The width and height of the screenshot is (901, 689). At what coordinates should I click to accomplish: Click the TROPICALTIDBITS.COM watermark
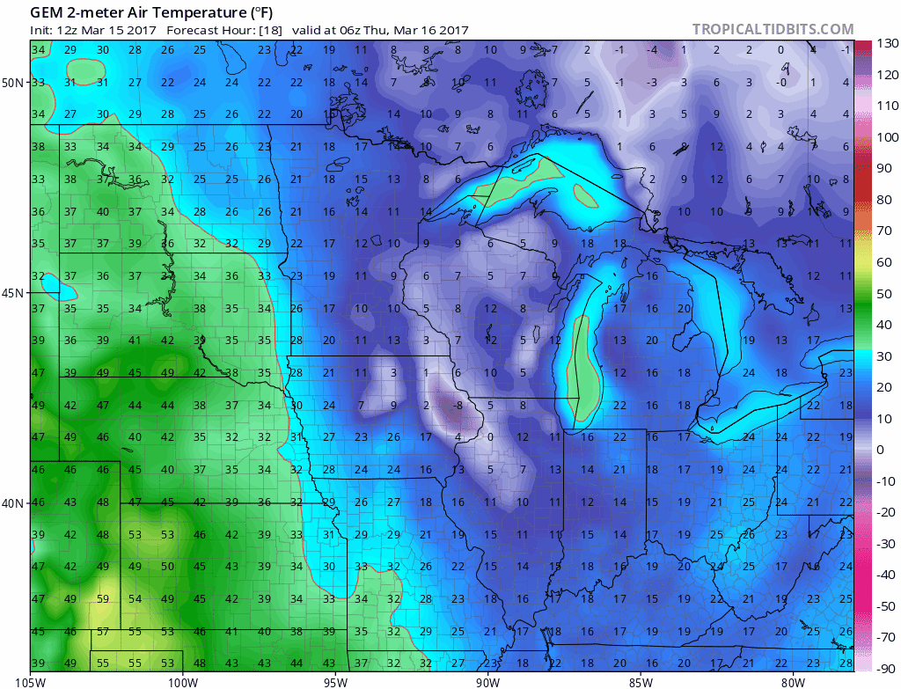pos(773,29)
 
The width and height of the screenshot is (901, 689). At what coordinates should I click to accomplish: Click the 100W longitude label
pos(183,680)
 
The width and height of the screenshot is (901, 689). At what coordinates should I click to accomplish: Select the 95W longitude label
pos(336,680)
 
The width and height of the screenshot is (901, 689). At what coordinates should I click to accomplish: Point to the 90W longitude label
pos(488,680)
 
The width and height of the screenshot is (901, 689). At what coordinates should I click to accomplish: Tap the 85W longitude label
pos(641,680)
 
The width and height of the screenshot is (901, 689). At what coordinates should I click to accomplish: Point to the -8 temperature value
pos(458,406)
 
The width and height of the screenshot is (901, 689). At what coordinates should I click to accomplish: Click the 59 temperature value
pos(103,599)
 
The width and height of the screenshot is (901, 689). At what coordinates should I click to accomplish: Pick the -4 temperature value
pos(652,50)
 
